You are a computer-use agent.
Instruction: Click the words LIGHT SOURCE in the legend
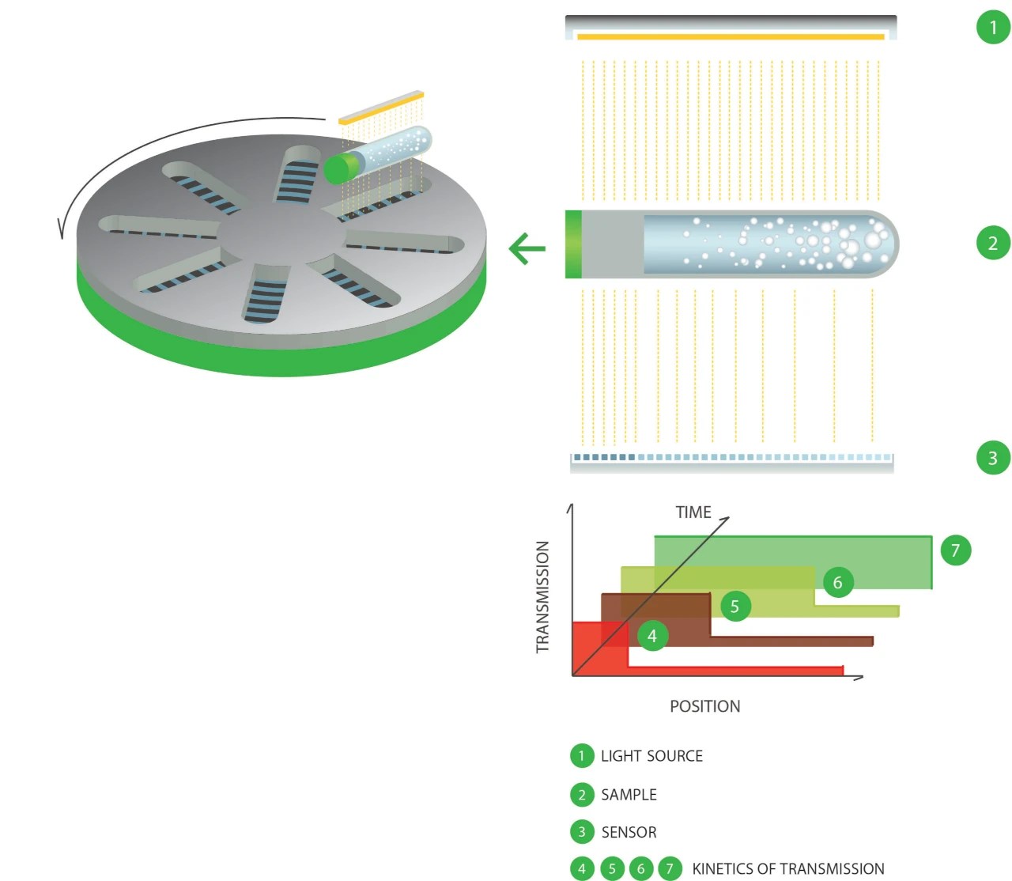651,756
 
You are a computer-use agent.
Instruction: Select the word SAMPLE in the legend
629,795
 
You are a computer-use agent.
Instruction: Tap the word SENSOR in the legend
629,832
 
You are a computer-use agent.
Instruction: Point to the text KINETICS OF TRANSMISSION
787,869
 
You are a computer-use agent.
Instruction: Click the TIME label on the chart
693,512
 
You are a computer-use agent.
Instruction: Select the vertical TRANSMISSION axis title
542,597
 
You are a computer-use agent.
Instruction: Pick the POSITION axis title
704,706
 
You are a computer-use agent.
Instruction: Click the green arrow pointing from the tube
527,248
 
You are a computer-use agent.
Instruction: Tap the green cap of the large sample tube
573,244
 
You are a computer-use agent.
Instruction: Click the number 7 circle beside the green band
955,550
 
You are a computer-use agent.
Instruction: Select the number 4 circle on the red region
652,635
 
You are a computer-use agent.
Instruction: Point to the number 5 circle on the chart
735,607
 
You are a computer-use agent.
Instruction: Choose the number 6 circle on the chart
838,583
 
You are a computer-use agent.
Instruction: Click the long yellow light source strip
731,36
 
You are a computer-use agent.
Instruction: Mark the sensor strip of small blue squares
732,457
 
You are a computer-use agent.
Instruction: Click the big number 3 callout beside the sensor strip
993,458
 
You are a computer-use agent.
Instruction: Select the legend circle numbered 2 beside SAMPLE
582,795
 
